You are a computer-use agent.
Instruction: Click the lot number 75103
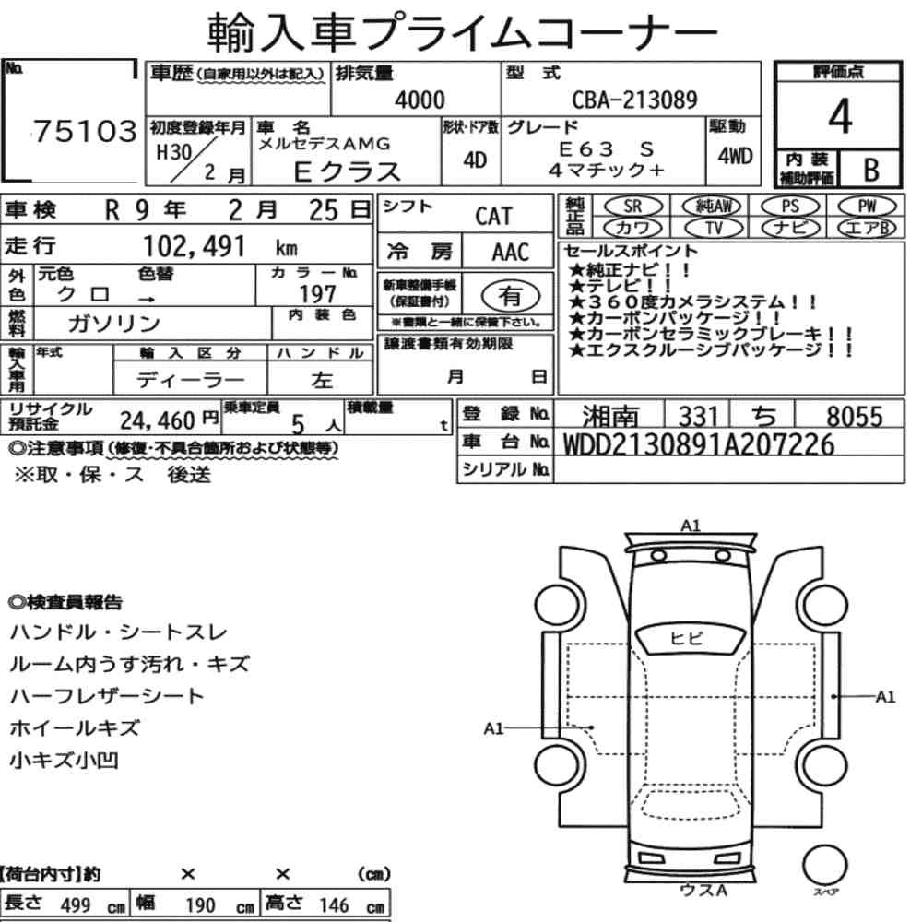85,131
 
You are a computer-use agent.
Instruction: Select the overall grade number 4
840,116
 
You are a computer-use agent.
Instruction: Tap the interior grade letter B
871,170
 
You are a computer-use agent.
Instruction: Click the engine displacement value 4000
420,100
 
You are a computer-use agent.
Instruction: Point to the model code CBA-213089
634,100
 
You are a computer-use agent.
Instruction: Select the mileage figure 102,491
194,246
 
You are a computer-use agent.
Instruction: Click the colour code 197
317,293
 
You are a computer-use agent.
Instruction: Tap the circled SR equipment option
632,207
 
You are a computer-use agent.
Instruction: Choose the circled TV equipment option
714,227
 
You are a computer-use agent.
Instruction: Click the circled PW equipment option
867,207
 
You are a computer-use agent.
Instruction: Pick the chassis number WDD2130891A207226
699,444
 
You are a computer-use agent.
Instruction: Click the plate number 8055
855,417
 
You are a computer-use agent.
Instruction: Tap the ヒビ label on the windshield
686,638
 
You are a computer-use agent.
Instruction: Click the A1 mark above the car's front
691,526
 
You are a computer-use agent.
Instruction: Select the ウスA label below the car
703,891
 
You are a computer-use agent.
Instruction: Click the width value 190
200,904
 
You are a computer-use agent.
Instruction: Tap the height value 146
334,904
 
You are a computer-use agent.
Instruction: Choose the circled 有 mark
511,296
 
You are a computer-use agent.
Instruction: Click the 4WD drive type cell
735,156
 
